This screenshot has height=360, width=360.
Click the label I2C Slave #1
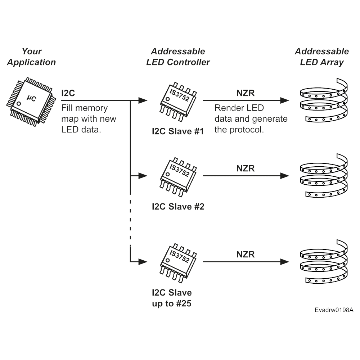pyautogui.click(x=178, y=131)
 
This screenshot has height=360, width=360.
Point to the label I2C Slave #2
pyautogui.click(x=178, y=207)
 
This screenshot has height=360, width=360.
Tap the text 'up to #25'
pyautogui.click(x=172, y=303)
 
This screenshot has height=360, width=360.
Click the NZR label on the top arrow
pyautogui.click(x=246, y=93)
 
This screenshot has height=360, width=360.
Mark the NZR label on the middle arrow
pyautogui.click(x=246, y=168)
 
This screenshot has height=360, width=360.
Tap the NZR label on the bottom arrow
pyautogui.click(x=246, y=255)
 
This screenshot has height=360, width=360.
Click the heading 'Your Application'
pyautogui.click(x=32, y=57)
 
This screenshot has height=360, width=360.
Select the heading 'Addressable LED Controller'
pyautogui.click(x=178, y=57)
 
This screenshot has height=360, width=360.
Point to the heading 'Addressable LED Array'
pyautogui.click(x=322, y=57)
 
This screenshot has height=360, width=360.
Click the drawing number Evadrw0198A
pyautogui.click(x=334, y=310)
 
